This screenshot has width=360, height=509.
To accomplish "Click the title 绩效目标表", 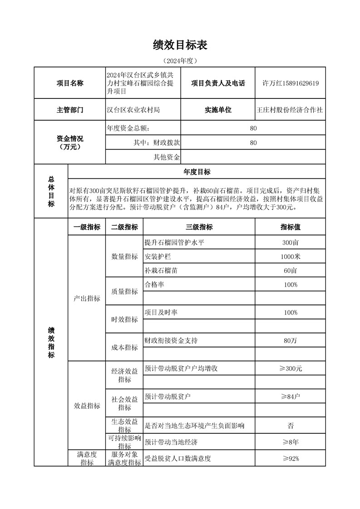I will [x=180, y=45].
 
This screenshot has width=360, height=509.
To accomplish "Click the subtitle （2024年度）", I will [x=180, y=60].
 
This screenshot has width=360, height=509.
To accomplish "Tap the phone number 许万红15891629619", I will [x=291, y=83].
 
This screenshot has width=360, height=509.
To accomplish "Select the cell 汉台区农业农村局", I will [x=133, y=110].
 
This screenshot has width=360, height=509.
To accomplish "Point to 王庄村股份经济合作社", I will [x=290, y=110].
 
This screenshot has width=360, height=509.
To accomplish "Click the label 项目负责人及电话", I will [x=218, y=83].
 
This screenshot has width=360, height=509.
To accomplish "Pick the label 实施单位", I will [x=218, y=110].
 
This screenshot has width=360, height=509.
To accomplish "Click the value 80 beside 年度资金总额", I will [x=253, y=128].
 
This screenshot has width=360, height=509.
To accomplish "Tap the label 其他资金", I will [x=167, y=157].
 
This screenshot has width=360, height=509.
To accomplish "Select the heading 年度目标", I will [x=197, y=172].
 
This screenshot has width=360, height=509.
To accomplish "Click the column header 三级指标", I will [x=199, y=227].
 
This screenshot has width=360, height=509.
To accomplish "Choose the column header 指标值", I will [x=290, y=227].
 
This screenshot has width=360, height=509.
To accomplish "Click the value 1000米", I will [x=290, y=257].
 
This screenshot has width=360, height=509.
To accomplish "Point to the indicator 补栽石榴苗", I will [x=161, y=270].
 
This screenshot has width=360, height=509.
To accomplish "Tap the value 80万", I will [x=290, y=340].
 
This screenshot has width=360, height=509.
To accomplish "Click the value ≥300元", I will [x=290, y=368].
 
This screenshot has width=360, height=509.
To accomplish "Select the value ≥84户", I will [x=290, y=396].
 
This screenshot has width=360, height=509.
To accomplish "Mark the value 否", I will [x=290, y=426].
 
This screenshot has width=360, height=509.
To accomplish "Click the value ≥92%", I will [x=290, y=458].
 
